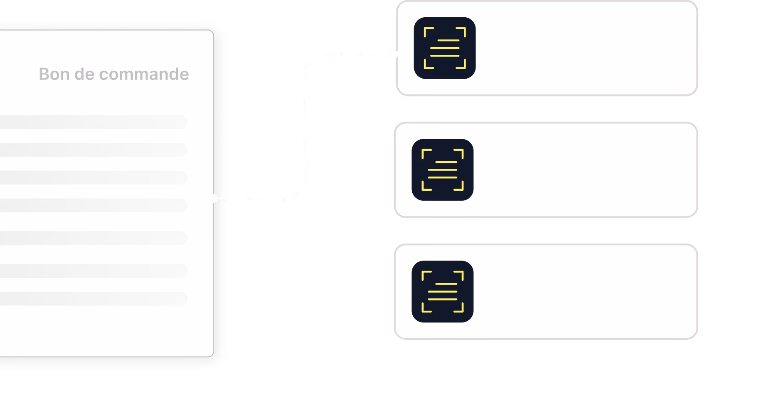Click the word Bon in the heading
click(54, 74)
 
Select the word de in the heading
click(84, 74)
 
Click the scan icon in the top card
click(444, 48)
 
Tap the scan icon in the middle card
click(442, 170)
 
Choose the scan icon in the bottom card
click(442, 291)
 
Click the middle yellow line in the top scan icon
click(444, 48)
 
